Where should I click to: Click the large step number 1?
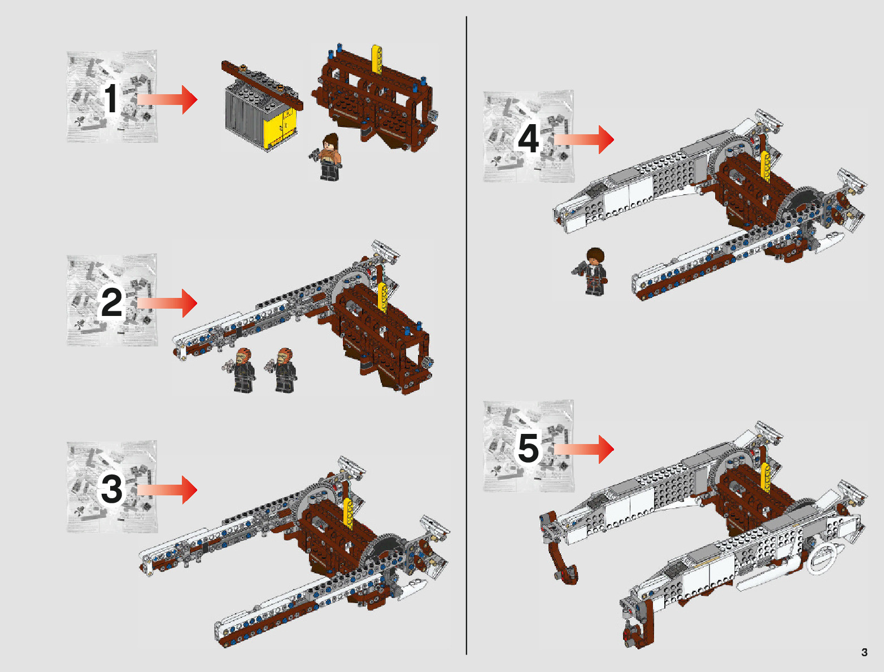coord(111,98)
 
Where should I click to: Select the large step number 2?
coord(111,303)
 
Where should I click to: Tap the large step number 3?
coord(111,489)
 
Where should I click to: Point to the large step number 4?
coord(528,139)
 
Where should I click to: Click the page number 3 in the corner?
coord(864,652)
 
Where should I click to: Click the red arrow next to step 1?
coord(167,99)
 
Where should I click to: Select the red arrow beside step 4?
coord(584,139)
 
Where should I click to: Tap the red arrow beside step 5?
coord(584,449)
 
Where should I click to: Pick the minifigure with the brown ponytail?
coord(327,156)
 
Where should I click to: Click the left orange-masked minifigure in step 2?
coord(241,370)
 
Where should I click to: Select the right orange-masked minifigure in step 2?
coord(283,370)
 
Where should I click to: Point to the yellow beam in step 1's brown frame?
coord(377,59)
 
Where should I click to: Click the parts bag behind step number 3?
coord(112,486)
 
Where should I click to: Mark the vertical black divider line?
coord(467,335)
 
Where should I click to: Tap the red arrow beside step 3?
coord(167,490)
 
